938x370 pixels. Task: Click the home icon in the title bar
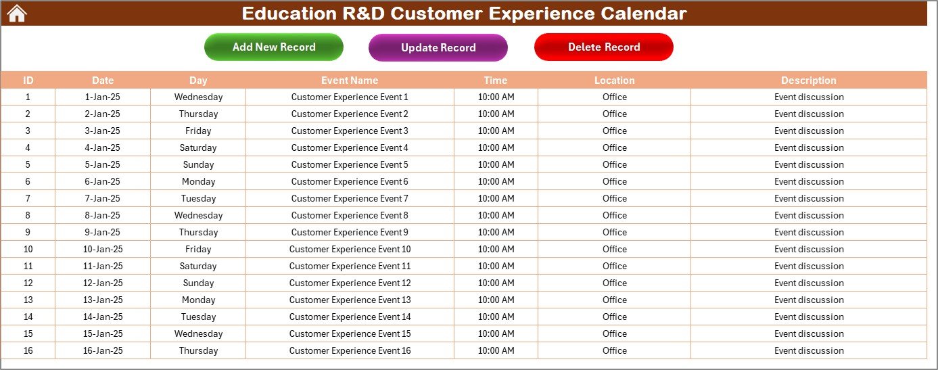[x=17, y=14]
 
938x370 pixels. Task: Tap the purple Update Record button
[x=438, y=47]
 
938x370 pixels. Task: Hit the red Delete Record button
[x=604, y=47]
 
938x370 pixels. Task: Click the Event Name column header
[x=350, y=80]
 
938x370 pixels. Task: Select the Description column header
[x=809, y=80]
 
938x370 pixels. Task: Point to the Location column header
[x=614, y=80]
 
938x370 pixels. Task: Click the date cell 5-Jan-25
[x=103, y=164]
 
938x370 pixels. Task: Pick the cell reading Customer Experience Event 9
[x=350, y=232]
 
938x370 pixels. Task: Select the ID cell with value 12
[x=28, y=283]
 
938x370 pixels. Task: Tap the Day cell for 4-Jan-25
[x=198, y=147]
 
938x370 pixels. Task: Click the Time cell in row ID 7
[x=496, y=198]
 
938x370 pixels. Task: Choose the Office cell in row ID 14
[x=614, y=317]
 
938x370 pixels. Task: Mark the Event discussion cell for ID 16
[x=809, y=351]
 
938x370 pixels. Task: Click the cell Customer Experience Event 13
[x=350, y=300]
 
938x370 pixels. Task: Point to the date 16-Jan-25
[x=103, y=351]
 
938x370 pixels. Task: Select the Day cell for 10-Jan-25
[x=198, y=249]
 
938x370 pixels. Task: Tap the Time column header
[x=496, y=80]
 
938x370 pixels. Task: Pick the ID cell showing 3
[x=28, y=131]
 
